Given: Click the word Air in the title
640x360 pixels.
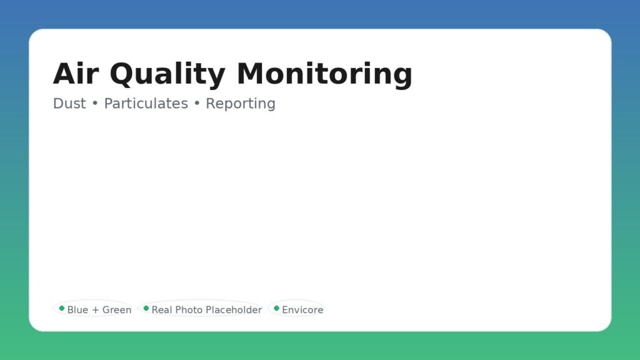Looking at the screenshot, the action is (x=76, y=74).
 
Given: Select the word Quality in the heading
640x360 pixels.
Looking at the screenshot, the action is (x=167, y=75).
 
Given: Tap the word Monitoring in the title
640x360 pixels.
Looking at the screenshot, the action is (x=324, y=75).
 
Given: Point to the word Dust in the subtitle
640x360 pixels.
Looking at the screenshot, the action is (x=69, y=104).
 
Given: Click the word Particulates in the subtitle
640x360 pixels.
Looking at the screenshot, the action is (x=146, y=104).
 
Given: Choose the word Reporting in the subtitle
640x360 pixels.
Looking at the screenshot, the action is (x=241, y=104).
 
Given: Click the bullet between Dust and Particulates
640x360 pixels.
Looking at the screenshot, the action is (x=95, y=104).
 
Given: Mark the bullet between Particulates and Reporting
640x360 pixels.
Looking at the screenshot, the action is (x=197, y=104).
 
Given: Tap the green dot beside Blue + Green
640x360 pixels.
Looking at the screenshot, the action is (x=62, y=308).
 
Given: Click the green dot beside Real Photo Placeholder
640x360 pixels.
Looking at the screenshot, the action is (x=146, y=308).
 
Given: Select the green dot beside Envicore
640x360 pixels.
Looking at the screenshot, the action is (x=276, y=308).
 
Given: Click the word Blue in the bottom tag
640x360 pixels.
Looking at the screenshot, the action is (x=77, y=310).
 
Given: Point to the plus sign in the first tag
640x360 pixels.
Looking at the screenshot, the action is (x=96, y=310).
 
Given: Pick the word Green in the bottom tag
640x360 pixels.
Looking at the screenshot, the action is (x=117, y=310).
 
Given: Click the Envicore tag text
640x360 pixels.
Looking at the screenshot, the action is (x=302, y=310).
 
